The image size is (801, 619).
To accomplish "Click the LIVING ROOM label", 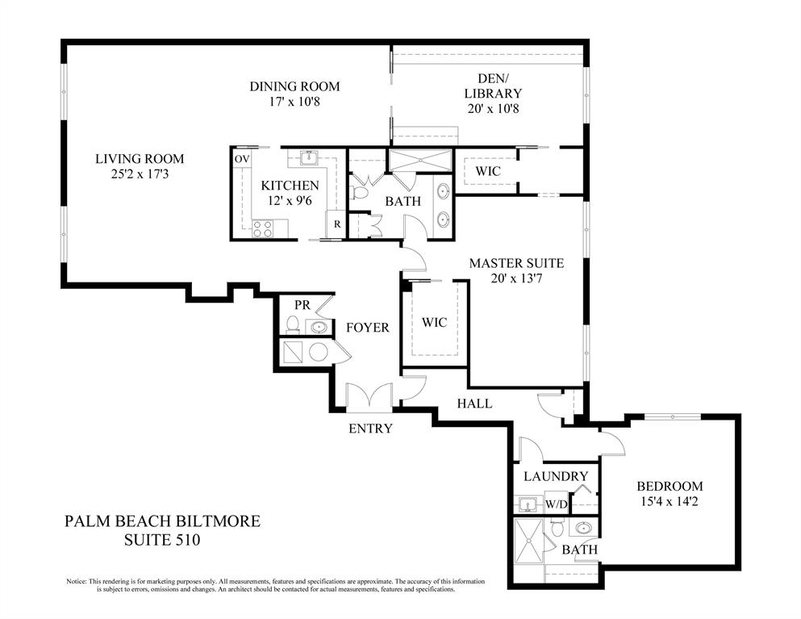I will point(140,159).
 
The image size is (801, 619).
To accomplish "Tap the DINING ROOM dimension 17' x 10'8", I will point(294,102).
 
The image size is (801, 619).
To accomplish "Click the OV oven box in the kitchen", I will point(241,160).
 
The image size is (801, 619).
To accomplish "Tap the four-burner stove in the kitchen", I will point(263,230).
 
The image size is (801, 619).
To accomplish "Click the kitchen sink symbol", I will point(307,158).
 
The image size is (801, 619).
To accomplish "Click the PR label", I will point(302,305).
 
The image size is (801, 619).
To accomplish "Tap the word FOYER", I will point(368,328).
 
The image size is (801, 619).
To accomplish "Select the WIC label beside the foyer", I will point(434,322).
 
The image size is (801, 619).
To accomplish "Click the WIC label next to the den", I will point(488,171).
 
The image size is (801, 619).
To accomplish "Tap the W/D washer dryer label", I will point(556,504).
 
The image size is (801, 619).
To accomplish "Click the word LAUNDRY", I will point(555,476).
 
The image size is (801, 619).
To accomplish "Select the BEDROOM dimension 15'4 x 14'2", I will point(670,503).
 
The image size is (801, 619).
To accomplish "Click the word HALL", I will point(474,403).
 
